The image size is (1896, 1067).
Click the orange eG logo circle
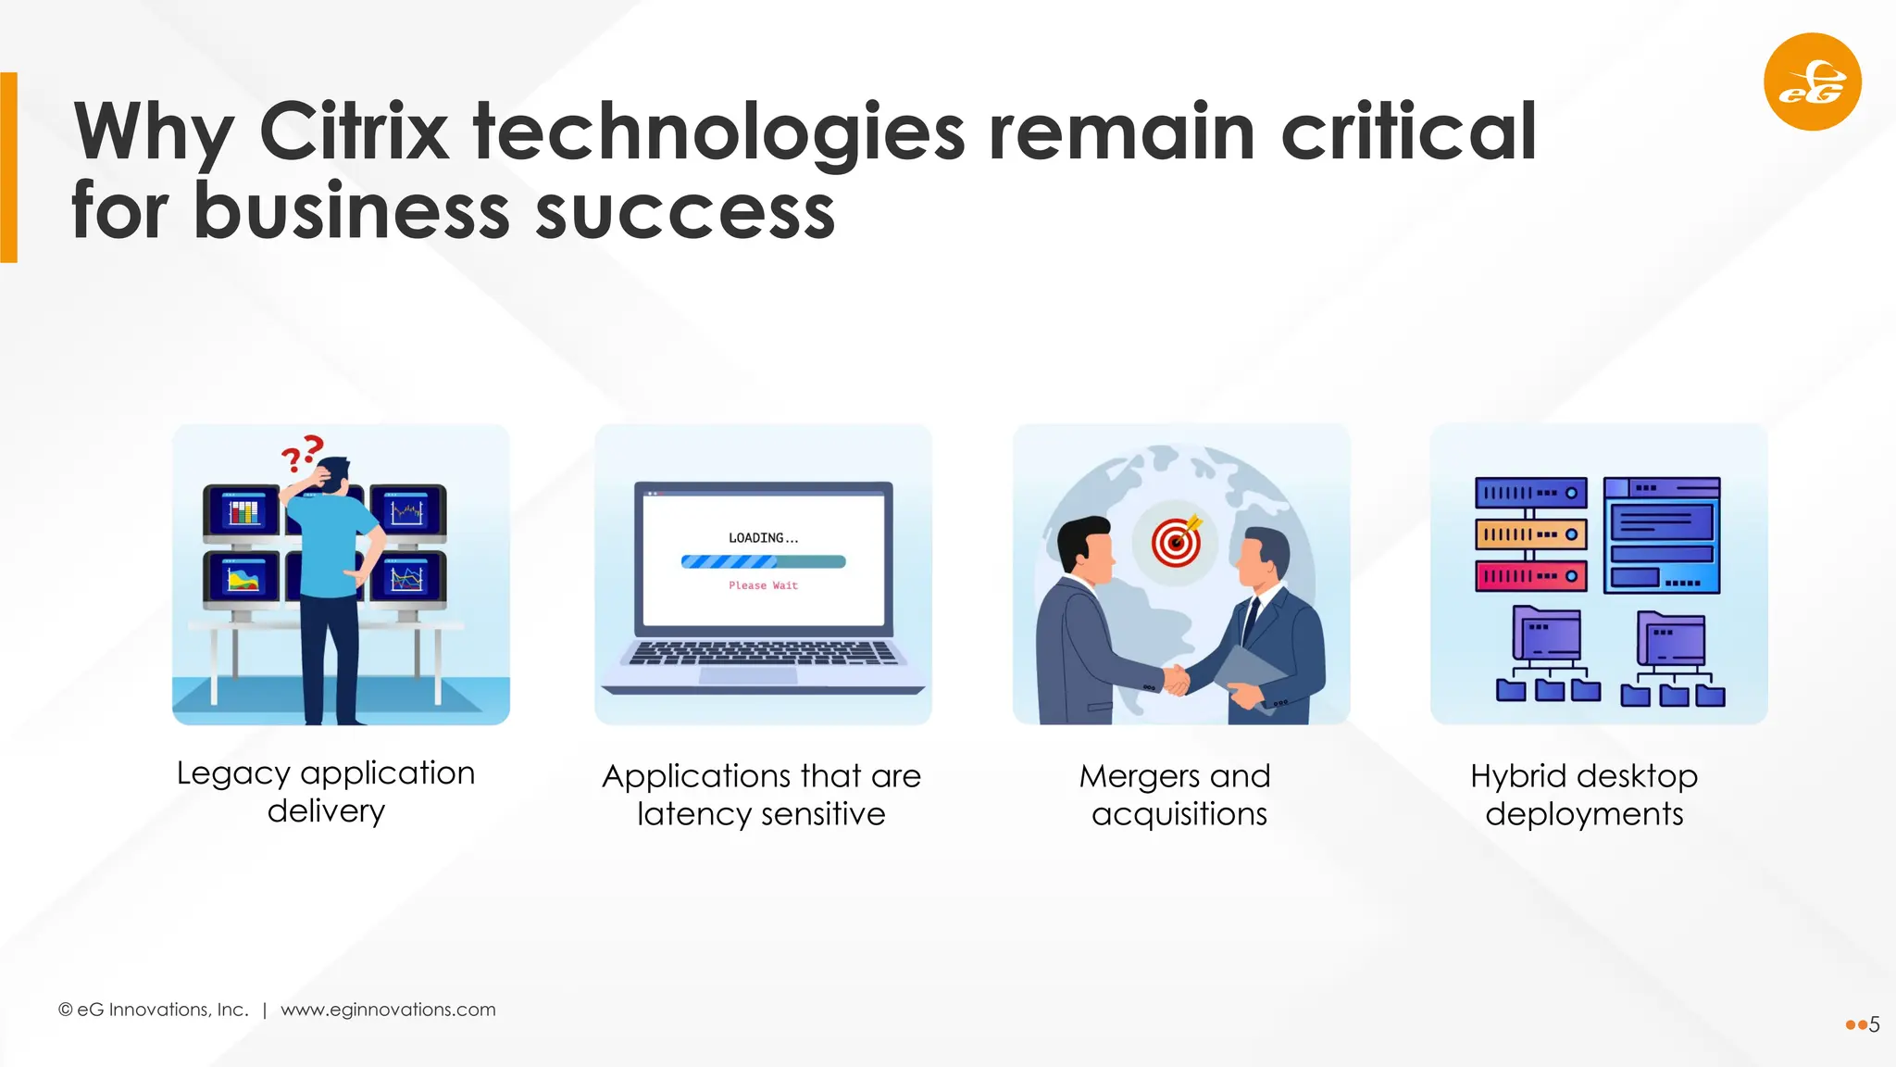(1812, 82)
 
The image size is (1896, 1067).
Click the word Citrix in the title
(354, 132)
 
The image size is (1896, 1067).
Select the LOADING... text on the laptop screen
(763, 538)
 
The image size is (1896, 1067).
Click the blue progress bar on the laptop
(763, 561)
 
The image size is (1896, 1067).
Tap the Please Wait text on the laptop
(763, 585)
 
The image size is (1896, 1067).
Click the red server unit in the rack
(1530, 576)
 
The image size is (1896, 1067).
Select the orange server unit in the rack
(1530, 534)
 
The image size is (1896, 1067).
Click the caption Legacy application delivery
(326, 792)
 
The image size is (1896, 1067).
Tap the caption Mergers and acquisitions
(1177, 795)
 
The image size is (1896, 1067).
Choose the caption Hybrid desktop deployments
(1584, 795)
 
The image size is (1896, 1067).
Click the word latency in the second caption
(693, 814)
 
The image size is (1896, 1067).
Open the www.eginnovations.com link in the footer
(388, 1010)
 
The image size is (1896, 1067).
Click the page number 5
(1875, 1024)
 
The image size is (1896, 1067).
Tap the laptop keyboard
(763, 653)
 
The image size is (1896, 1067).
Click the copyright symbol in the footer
(66, 1010)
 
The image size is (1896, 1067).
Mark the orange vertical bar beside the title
(8, 168)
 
